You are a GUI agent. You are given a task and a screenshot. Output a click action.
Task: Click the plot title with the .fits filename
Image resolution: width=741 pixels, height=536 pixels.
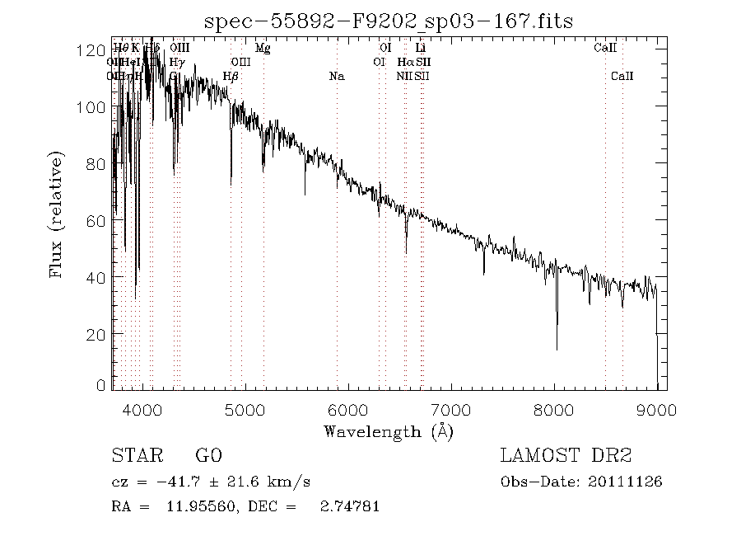389,19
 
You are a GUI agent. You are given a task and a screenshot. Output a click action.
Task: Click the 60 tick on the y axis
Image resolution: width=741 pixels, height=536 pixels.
112,220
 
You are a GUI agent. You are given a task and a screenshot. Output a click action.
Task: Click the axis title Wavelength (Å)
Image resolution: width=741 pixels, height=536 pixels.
389,430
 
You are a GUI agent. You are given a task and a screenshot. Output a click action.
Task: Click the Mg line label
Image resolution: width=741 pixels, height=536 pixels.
263,48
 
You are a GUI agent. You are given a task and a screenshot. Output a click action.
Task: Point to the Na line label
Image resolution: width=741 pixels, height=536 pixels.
336,77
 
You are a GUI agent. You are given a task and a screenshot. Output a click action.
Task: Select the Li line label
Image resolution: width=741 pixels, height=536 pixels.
420,48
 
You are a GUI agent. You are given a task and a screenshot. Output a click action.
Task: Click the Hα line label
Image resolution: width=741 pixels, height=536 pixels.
405,62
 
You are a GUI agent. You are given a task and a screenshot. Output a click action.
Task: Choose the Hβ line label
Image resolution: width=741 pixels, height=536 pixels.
231,77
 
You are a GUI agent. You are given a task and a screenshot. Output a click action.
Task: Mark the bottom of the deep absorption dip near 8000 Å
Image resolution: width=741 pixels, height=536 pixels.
557,349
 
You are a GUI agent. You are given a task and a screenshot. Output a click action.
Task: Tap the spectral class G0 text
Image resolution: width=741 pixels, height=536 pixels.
208,456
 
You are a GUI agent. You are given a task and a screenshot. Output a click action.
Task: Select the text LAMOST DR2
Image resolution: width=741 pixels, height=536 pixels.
565,456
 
